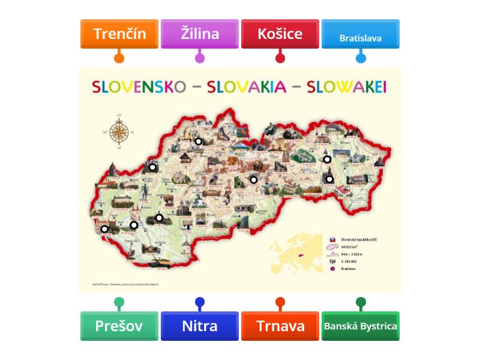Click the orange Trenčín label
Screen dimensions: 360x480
119,34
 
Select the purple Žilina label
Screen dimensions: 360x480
200,34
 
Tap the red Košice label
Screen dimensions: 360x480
280,34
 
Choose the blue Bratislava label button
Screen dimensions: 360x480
361,37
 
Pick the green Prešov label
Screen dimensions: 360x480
119,326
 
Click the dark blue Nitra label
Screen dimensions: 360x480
200,326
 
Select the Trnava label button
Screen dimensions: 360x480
280,326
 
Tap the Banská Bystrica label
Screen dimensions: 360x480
361,326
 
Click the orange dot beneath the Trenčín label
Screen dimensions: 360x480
119,58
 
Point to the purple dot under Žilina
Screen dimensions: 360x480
200,58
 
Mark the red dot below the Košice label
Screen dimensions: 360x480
280,58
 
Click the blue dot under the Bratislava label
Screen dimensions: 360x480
361,58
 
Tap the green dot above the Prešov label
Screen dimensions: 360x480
119,302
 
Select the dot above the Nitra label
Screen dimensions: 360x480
200,302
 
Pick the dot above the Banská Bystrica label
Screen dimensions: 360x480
361,302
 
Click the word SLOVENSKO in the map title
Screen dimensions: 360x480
139,87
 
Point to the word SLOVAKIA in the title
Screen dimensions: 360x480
246,87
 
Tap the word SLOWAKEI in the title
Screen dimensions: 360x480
346,87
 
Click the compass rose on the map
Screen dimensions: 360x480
119,131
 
